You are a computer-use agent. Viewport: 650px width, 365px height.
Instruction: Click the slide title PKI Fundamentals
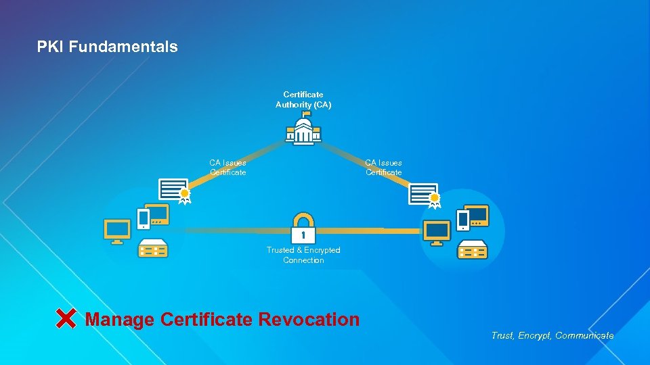tap(107, 47)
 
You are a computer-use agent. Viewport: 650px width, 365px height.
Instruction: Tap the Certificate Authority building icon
tap(303, 131)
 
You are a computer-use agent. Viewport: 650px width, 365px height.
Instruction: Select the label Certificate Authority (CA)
tap(303, 99)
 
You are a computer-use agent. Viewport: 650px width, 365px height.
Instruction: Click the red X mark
tap(66, 318)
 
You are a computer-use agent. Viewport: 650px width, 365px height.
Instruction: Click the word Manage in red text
tap(120, 319)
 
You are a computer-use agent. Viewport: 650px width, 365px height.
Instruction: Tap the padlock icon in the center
tap(303, 228)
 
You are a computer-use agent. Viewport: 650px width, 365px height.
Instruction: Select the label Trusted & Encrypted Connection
tap(303, 255)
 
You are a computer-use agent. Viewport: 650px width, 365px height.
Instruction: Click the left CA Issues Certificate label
tap(227, 167)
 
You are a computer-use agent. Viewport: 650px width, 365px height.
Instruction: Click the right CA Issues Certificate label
tap(383, 167)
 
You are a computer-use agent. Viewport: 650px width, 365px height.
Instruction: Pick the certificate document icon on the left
tap(174, 190)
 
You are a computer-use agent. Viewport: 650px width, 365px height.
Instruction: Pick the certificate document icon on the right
tap(425, 193)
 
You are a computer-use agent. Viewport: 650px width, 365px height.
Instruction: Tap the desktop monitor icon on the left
tap(116, 230)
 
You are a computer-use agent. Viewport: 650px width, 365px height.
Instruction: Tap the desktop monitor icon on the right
tap(437, 233)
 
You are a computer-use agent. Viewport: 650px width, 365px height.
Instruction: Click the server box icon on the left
tap(153, 249)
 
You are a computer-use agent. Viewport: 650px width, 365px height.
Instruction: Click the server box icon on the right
tap(473, 250)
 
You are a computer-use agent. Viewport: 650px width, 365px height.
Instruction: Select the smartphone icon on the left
tap(144, 218)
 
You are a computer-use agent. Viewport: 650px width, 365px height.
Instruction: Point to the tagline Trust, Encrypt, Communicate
tap(552, 335)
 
